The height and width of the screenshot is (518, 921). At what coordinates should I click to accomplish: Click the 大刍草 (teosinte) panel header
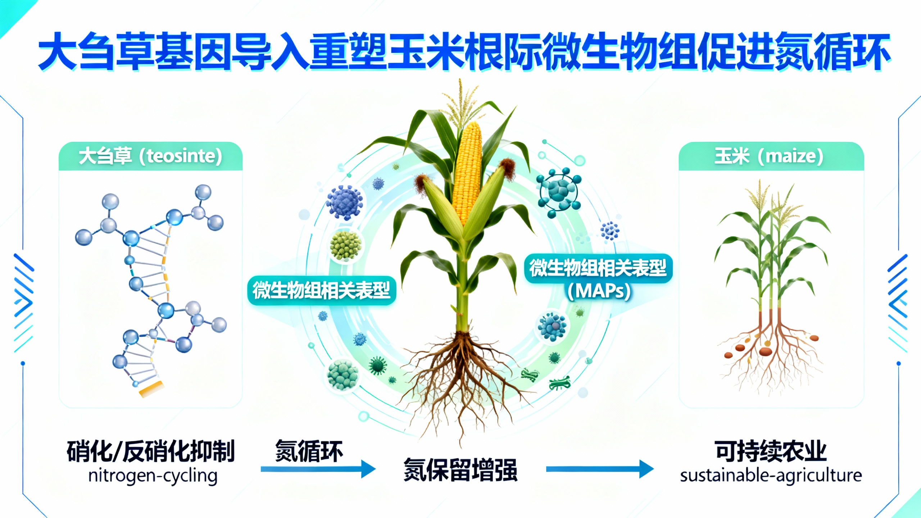click(x=150, y=156)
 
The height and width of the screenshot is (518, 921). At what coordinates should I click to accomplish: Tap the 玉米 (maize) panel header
click(x=771, y=156)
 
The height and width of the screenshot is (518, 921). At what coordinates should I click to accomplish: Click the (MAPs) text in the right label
click(x=599, y=291)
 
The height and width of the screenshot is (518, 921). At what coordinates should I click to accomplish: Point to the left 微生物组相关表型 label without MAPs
click(x=321, y=290)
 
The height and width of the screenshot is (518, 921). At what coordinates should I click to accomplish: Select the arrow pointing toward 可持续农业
click(x=599, y=469)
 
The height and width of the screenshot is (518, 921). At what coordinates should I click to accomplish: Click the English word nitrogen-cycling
click(x=153, y=476)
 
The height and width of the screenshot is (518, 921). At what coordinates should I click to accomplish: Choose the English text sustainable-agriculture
click(x=771, y=476)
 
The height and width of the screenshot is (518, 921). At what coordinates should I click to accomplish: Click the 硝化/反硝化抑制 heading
click(x=150, y=451)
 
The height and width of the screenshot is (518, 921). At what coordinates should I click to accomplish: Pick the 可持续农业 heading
click(x=771, y=451)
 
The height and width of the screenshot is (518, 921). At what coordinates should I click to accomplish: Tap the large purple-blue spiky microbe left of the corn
click(x=344, y=203)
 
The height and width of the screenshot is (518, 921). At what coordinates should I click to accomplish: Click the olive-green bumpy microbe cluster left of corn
click(x=345, y=245)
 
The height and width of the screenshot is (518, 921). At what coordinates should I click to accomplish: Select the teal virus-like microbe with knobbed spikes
click(x=558, y=192)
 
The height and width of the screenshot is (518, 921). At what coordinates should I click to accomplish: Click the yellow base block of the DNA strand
click(x=151, y=389)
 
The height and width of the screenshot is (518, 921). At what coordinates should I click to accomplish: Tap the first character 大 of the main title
click(x=58, y=51)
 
